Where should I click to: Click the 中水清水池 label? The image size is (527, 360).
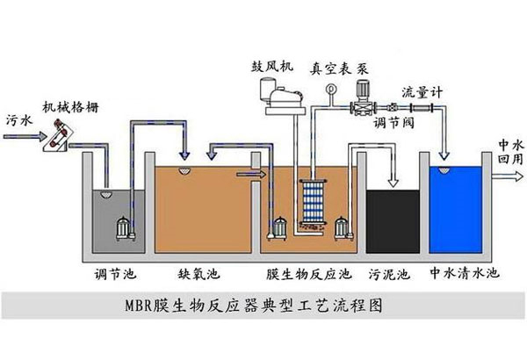click(463, 274)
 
